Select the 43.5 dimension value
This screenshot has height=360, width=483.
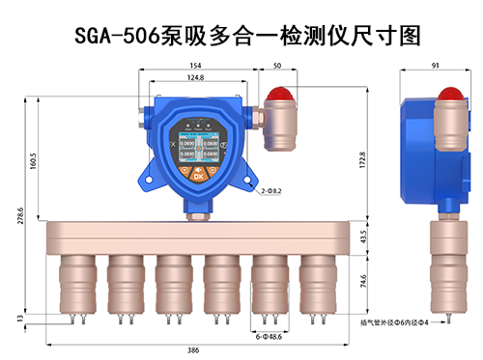point(363,236)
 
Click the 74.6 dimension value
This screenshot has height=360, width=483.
point(363,284)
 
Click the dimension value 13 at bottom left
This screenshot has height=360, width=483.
point(20,318)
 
